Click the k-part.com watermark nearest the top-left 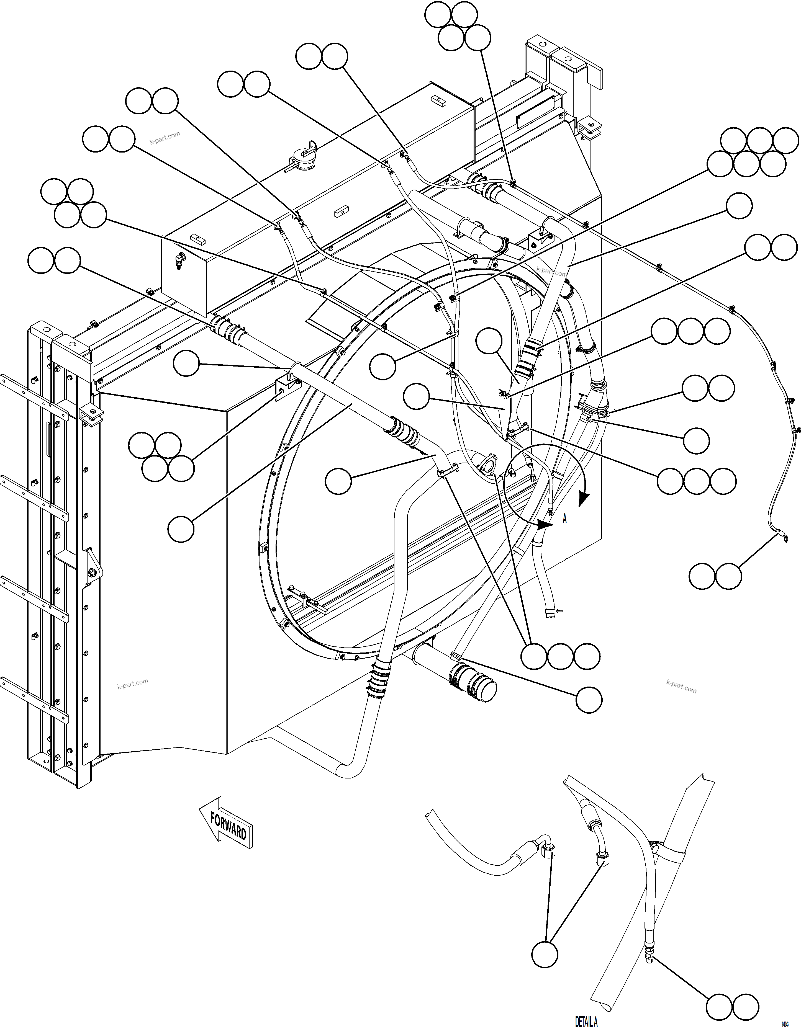pyautogui.click(x=165, y=138)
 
